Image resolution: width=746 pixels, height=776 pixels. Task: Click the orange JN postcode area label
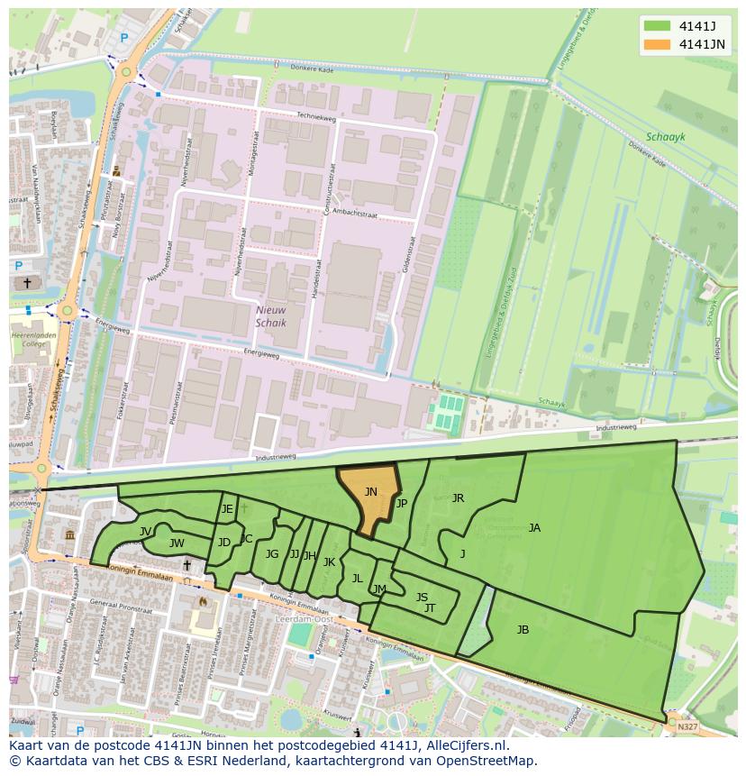click(x=371, y=492)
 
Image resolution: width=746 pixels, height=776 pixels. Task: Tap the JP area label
click(x=402, y=504)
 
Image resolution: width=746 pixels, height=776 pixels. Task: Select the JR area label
click(x=458, y=498)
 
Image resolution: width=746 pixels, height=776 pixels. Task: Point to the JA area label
click(x=534, y=528)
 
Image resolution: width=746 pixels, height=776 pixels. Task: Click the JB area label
click(x=523, y=630)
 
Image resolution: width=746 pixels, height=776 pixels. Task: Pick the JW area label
click(x=177, y=543)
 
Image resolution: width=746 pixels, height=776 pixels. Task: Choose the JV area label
click(x=145, y=532)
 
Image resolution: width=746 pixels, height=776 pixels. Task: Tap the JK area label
click(x=329, y=562)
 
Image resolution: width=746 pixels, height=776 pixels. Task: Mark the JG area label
click(x=272, y=554)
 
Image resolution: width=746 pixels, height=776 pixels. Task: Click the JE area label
click(x=227, y=509)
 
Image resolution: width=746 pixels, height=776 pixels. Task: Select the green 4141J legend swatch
click(x=657, y=25)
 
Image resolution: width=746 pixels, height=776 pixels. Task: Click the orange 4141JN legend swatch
click(x=657, y=43)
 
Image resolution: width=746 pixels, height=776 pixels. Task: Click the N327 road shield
click(x=687, y=726)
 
